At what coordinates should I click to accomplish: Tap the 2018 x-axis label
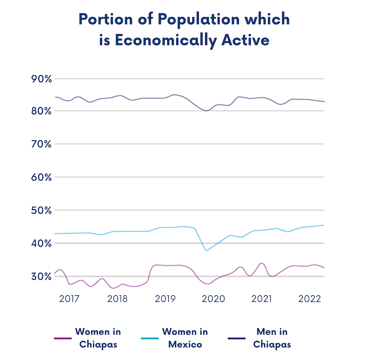(x=117, y=299)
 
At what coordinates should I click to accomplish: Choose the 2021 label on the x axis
(x=261, y=299)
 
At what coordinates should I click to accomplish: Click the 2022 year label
(x=310, y=299)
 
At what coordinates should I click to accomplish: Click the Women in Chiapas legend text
(x=98, y=338)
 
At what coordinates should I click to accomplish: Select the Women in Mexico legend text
(x=185, y=338)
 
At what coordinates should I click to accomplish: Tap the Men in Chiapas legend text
(x=272, y=338)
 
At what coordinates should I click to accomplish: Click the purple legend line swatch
(x=62, y=338)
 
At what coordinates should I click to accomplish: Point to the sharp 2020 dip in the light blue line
(x=206, y=250)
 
